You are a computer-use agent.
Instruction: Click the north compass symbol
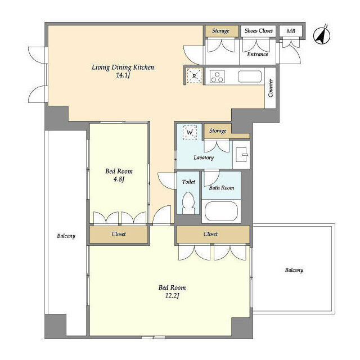[x=322, y=35]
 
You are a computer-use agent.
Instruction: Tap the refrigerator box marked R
[x=194, y=75]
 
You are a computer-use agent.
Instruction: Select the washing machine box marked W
[x=190, y=132]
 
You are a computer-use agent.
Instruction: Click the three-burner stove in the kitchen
[x=217, y=76]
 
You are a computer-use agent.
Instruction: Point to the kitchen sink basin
[x=250, y=76]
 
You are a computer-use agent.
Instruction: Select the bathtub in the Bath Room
[x=221, y=211]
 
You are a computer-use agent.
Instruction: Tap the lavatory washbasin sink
[x=241, y=155]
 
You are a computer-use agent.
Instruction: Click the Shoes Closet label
[x=259, y=31]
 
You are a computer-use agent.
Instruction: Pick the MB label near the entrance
[x=291, y=31]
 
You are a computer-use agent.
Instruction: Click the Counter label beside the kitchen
[x=271, y=88]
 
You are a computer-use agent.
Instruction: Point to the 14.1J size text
[x=123, y=75]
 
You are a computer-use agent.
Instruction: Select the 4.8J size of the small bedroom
[x=119, y=179]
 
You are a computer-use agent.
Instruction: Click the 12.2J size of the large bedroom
[x=172, y=296]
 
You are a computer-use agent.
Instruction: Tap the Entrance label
[x=258, y=55]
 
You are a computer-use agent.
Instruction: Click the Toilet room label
[x=188, y=182]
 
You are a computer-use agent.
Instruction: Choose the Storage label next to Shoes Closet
[x=220, y=31]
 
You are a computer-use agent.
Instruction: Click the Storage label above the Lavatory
[x=218, y=131]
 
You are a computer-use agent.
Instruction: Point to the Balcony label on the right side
[x=294, y=270]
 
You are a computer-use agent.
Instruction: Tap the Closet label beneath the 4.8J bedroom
[x=119, y=234]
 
